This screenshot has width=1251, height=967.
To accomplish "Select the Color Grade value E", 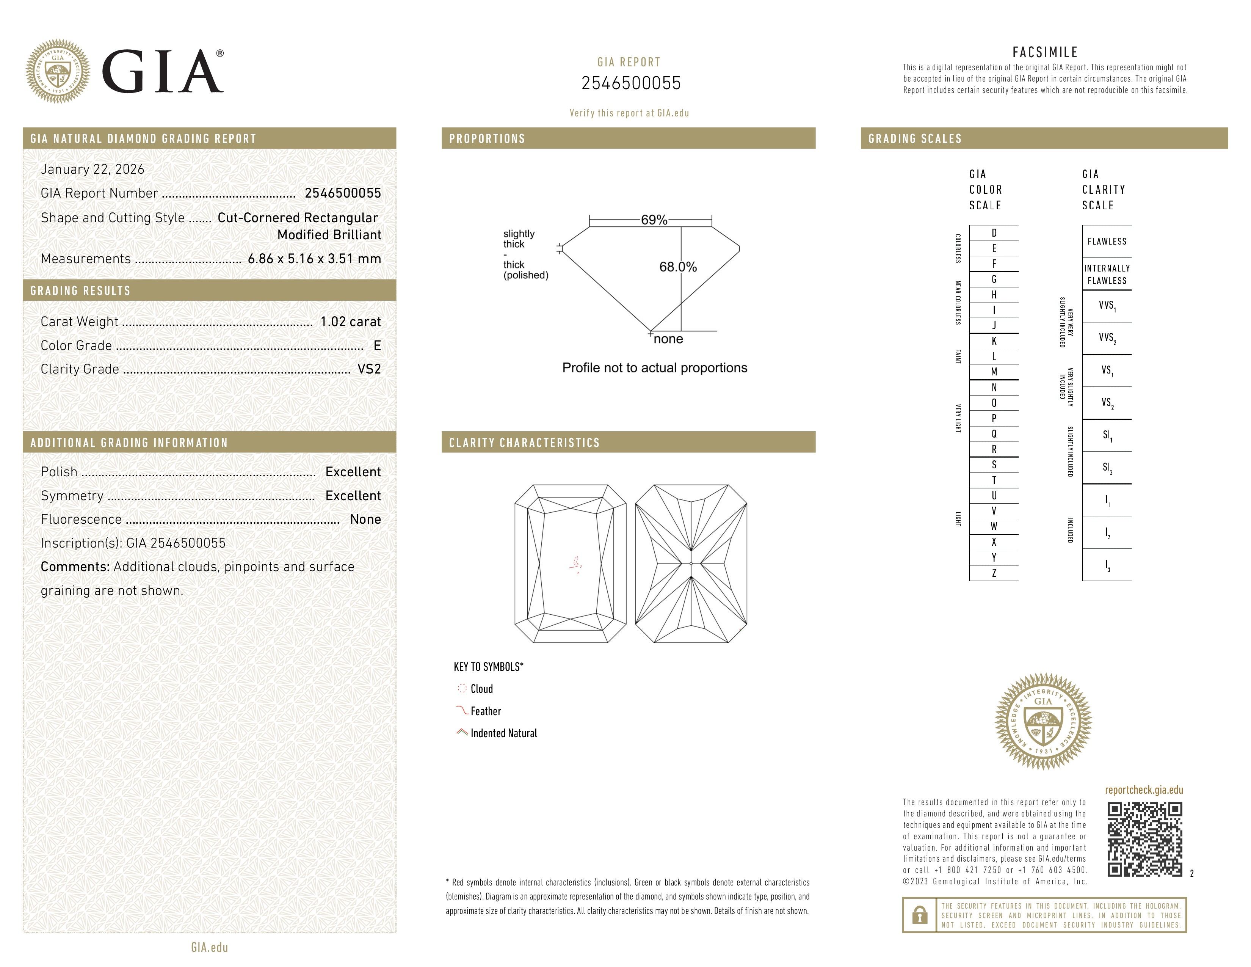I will pyautogui.click(x=377, y=345).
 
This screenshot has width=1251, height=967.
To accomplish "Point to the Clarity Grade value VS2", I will pyautogui.click(x=369, y=369).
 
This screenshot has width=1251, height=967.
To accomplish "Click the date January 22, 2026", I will pyautogui.click(x=92, y=169).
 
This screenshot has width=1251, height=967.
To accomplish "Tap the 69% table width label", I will pyautogui.click(x=654, y=220).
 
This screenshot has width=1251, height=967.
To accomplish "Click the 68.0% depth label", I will pyautogui.click(x=678, y=267).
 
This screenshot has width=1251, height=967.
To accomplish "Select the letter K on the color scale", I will pyautogui.click(x=994, y=341).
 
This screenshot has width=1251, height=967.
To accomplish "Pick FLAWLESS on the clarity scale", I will pyautogui.click(x=1107, y=242).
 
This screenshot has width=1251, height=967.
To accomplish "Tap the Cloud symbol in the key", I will pyautogui.click(x=462, y=689).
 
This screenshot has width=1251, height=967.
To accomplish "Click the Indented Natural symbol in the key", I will pyautogui.click(x=462, y=733).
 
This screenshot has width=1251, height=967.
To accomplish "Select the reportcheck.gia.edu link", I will pyautogui.click(x=1144, y=790).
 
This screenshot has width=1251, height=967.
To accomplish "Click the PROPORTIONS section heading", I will pyautogui.click(x=487, y=139).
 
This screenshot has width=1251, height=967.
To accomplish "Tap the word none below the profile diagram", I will pyautogui.click(x=668, y=339).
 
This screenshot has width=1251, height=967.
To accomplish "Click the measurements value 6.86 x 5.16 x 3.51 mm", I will pyautogui.click(x=314, y=259).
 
